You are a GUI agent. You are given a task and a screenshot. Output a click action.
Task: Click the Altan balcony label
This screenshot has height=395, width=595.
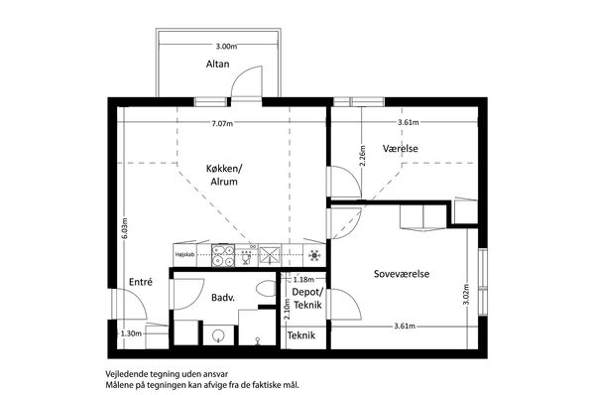pyautogui.click(x=217, y=64)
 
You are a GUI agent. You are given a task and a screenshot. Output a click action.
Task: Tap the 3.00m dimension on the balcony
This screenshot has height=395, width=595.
pyautogui.click(x=226, y=47)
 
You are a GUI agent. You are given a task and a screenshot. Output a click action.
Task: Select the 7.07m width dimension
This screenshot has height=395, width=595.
pyautogui.click(x=222, y=123)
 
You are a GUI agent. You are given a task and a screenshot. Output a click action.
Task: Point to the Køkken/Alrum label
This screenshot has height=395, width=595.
pyautogui.click(x=224, y=175)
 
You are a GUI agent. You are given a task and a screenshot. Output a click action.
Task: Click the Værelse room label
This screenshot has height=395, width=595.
pyautogui.click(x=400, y=148)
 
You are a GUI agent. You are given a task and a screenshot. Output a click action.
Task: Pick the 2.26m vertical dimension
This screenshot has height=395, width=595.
pyautogui.click(x=362, y=156)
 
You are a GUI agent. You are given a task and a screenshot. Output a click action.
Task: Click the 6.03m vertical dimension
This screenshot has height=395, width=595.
pyautogui.click(x=125, y=228)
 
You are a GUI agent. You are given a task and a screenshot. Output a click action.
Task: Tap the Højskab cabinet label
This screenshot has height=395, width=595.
pyautogui.click(x=184, y=254)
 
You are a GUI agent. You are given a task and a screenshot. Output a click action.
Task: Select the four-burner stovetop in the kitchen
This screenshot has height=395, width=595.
pyautogui.click(x=223, y=255)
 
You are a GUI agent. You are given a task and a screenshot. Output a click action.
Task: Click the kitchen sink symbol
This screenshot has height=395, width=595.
pyautogui.click(x=247, y=255)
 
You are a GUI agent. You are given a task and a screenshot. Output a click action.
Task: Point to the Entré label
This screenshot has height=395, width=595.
pyautogui.click(x=141, y=282)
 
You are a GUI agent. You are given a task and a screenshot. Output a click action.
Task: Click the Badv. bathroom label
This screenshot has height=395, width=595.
pyautogui.click(x=223, y=298)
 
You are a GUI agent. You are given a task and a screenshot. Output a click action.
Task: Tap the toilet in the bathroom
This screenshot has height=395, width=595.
pyautogui.click(x=266, y=288)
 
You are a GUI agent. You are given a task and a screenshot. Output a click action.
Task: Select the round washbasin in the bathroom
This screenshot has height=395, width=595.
pyautogui.click(x=218, y=335)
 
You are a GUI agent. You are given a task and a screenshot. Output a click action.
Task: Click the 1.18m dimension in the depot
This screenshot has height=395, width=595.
pyautogui.click(x=303, y=280)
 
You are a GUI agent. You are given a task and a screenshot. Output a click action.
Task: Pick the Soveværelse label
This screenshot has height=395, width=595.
pyautogui.click(x=402, y=274)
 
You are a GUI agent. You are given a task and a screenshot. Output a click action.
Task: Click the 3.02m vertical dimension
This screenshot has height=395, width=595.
pyautogui.click(x=466, y=295)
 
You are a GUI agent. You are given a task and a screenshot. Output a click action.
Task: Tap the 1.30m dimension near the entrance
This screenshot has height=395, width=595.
pyautogui.click(x=131, y=333)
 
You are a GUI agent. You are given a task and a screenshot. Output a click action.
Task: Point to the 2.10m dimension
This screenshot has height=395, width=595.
pyautogui.click(x=287, y=310)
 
